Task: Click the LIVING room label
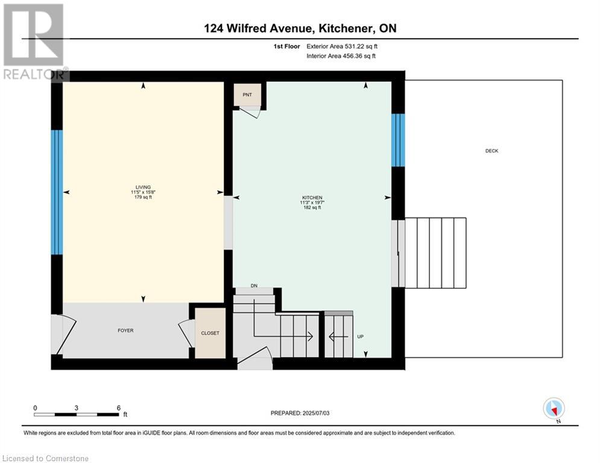[x=143, y=187]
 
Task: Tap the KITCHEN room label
[x=312, y=198]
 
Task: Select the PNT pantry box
[x=247, y=95]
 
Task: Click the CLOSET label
[x=210, y=333]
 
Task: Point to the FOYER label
[x=125, y=330]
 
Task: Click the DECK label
[x=491, y=151]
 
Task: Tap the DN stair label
[x=254, y=286]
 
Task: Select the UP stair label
[x=360, y=336]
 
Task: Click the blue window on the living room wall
[x=57, y=192]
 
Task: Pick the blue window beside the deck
[x=398, y=140]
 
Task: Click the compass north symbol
[x=554, y=408]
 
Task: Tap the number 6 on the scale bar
[x=118, y=408]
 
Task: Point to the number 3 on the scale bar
[x=76, y=408]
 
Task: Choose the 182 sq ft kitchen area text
[x=312, y=208]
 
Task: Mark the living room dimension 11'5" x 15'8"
[x=143, y=192]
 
